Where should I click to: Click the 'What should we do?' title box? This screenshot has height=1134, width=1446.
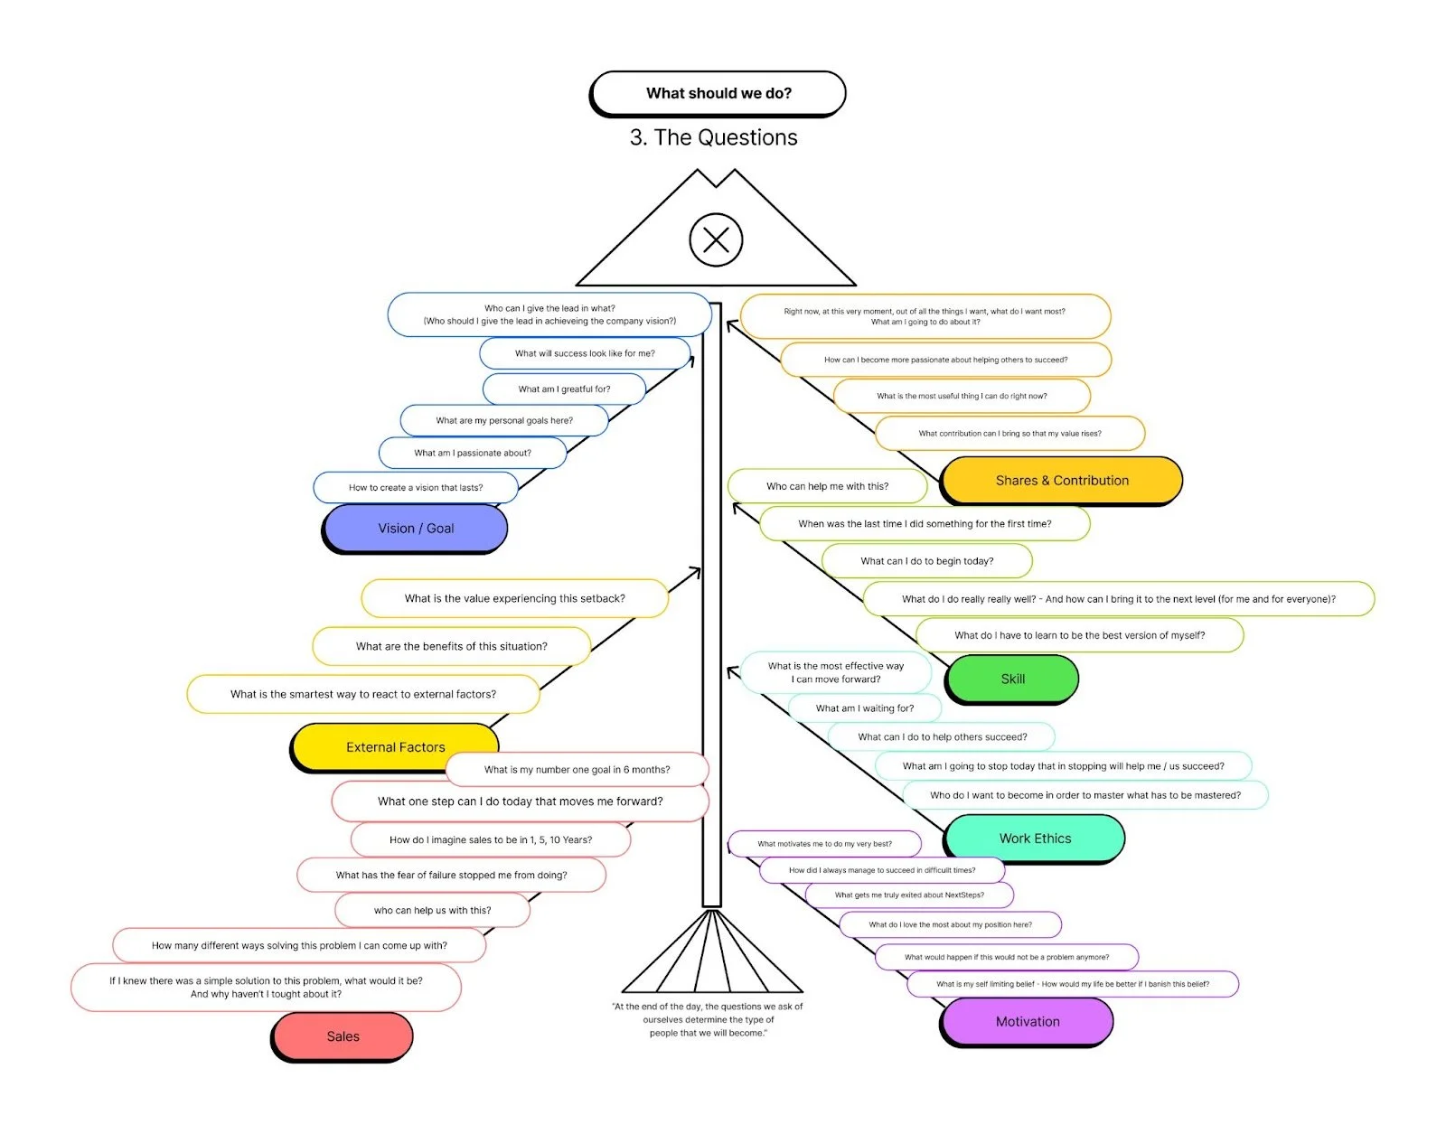[718, 93]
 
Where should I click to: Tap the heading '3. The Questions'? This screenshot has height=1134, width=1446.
[713, 137]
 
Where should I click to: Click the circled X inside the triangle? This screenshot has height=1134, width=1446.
[716, 240]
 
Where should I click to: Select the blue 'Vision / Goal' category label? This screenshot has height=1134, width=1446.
[416, 529]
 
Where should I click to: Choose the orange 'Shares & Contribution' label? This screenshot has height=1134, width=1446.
[1062, 481]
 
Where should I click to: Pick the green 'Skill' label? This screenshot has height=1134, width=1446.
[1012, 679]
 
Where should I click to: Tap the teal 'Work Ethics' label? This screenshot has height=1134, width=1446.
[1035, 839]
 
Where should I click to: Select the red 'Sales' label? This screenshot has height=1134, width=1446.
[343, 1036]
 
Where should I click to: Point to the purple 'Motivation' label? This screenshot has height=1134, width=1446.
[1028, 1022]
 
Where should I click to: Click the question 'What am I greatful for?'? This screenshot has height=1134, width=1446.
[564, 389]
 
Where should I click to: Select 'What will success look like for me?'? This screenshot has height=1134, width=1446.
[585, 353]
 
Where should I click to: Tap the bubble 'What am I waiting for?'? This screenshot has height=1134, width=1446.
[864, 708]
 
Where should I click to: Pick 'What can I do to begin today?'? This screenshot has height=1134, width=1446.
[926, 561]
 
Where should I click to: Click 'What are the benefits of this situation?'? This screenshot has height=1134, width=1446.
[451, 646]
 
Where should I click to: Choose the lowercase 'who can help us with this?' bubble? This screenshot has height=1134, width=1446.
[432, 911]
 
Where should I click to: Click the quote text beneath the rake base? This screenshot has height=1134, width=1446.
[707, 1019]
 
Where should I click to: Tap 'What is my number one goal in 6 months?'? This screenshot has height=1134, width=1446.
[577, 770]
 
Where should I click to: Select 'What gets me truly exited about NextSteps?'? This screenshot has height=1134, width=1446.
[909, 895]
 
